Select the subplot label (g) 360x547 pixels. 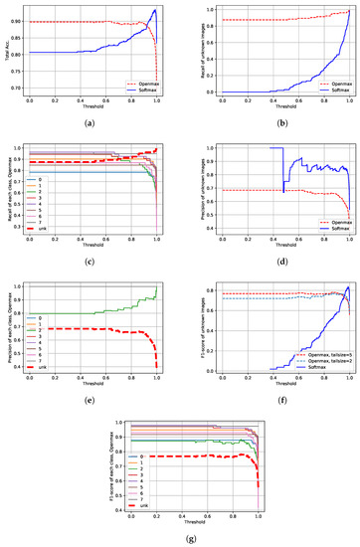point(184,538)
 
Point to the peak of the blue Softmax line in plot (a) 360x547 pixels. point(154,10)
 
